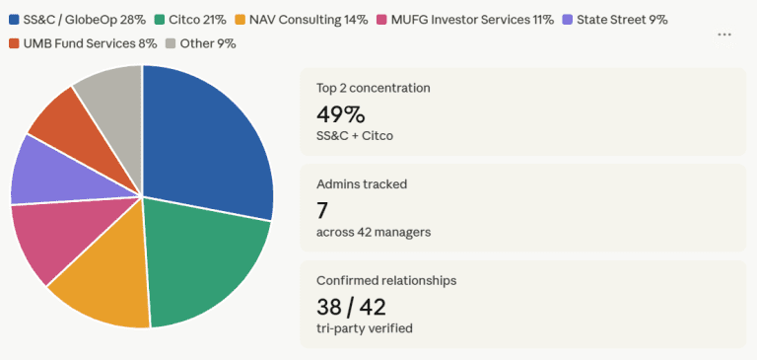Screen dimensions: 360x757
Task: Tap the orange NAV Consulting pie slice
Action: [x=108, y=286]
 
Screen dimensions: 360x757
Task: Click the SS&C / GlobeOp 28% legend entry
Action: [x=76, y=19]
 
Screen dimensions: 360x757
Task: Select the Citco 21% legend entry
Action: [x=191, y=19]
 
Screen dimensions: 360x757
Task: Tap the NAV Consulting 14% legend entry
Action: [x=300, y=19]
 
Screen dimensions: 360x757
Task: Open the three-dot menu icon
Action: [x=724, y=35]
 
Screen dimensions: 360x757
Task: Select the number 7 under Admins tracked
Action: [x=322, y=209]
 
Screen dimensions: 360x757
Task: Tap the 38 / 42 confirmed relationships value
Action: [x=352, y=306]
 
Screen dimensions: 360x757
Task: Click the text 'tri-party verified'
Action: [x=366, y=328]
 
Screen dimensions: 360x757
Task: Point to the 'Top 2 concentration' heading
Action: [x=373, y=88]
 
